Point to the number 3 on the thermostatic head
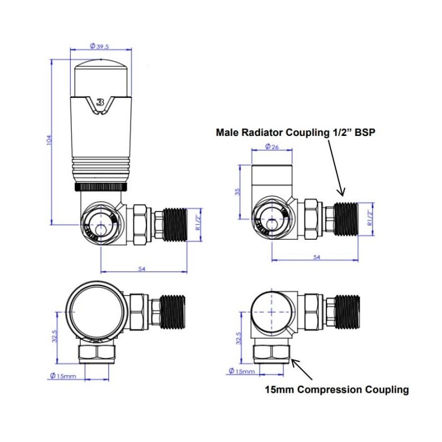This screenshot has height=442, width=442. (100, 102)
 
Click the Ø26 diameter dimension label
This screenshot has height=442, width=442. (271, 146)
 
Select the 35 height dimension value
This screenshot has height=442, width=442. (236, 192)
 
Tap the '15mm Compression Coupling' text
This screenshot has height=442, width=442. (337, 390)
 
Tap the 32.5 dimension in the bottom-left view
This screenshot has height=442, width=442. (54, 336)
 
